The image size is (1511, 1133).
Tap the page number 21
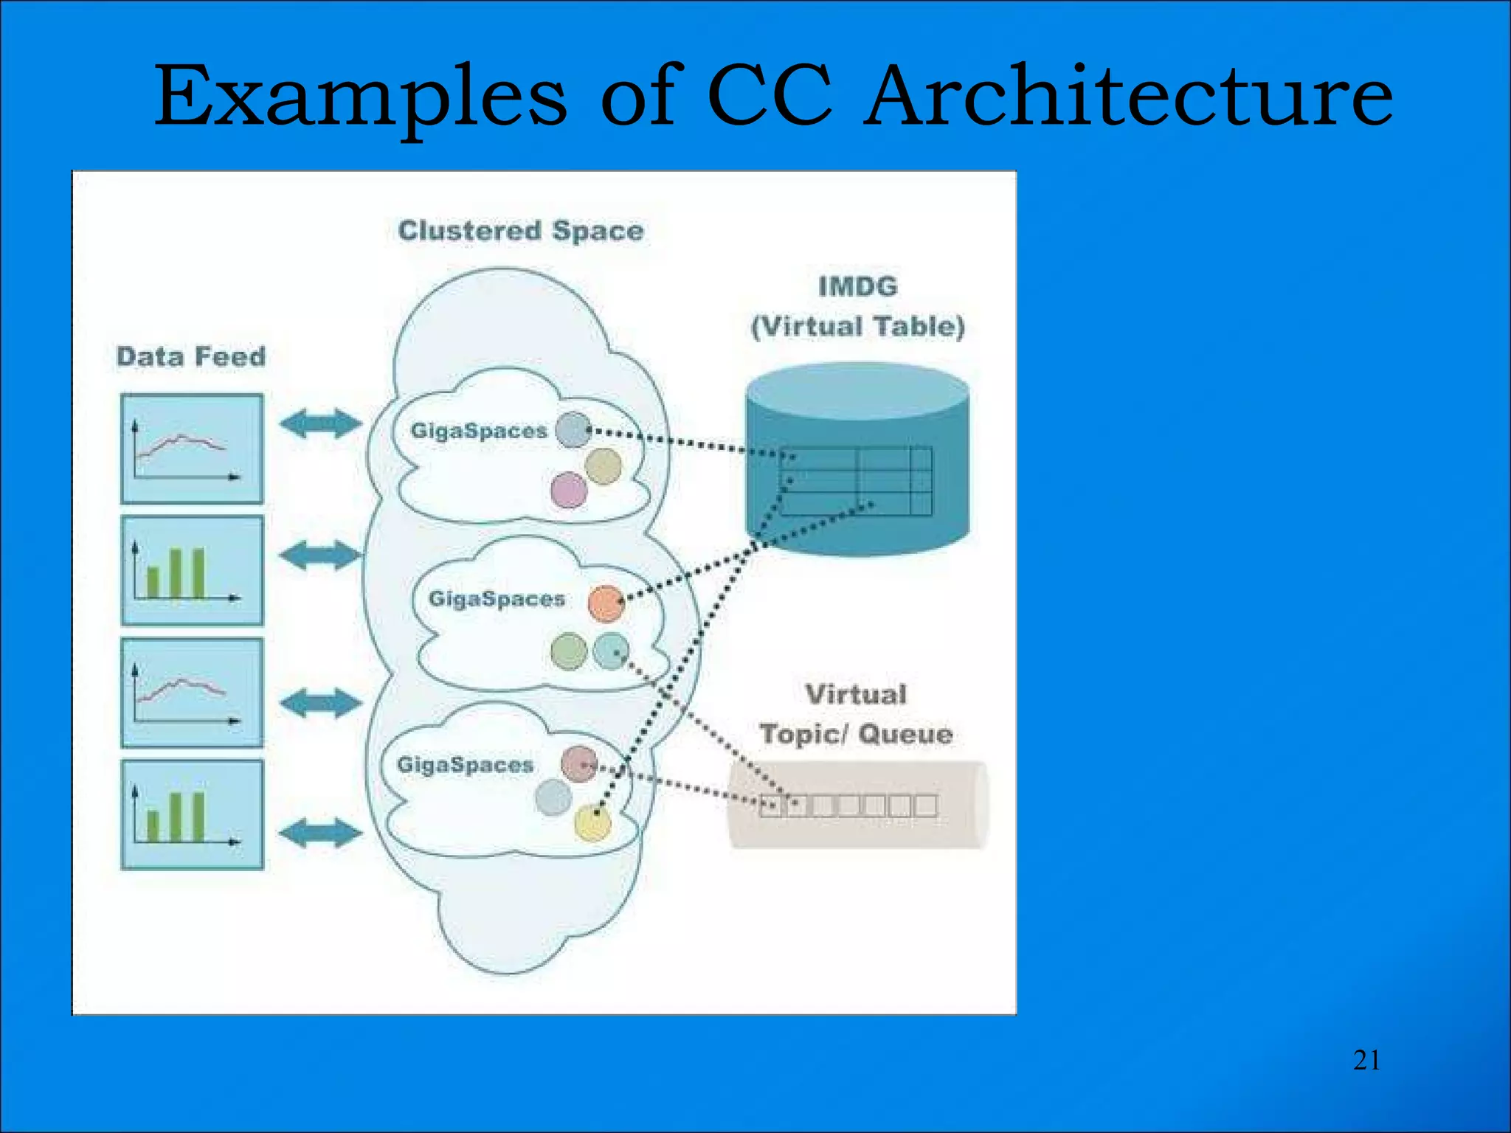point(1366,1060)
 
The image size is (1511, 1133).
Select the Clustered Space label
point(521,231)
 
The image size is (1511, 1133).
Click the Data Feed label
point(191,357)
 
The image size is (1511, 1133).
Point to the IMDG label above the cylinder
point(857,286)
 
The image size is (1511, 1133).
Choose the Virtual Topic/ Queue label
point(856,714)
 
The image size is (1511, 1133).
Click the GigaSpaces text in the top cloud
point(479,431)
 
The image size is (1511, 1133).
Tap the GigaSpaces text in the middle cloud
point(497,598)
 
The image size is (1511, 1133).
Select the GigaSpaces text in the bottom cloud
point(465,765)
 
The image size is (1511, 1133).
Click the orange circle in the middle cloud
point(606,604)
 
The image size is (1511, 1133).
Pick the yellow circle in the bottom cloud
point(592,823)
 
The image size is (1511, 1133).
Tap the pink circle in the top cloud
point(568,491)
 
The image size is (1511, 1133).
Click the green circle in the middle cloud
point(569,651)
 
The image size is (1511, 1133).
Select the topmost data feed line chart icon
point(192,449)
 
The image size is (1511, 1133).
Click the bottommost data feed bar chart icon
point(192,814)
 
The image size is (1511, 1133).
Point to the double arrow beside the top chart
point(321,423)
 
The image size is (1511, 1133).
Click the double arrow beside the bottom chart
point(321,833)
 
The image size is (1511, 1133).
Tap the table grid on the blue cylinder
point(856,480)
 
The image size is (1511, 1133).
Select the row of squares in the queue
point(848,805)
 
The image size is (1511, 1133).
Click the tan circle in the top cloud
point(604,466)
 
